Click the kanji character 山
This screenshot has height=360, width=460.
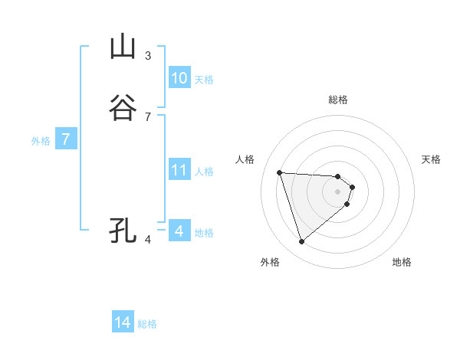(x=123, y=47)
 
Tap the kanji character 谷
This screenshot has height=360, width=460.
(x=123, y=109)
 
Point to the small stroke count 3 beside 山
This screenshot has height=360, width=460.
(x=148, y=55)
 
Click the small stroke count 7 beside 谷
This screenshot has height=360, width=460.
(x=148, y=117)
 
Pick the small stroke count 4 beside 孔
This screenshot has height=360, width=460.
(x=148, y=239)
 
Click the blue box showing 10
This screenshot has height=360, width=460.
(x=179, y=78)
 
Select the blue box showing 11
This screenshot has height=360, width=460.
(x=179, y=170)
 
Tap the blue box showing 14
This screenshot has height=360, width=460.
(x=123, y=323)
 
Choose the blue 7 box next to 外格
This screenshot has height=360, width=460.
(x=66, y=140)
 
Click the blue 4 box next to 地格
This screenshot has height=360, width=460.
(x=179, y=231)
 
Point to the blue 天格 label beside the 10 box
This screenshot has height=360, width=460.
(x=204, y=80)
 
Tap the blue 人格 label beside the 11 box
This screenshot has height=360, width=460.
(x=204, y=172)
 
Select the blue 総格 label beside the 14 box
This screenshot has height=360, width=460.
(x=147, y=324)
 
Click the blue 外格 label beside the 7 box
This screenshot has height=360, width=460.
(x=41, y=141)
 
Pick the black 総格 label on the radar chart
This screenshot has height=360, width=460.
(x=338, y=100)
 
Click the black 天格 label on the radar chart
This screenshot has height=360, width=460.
(x=431, y=159)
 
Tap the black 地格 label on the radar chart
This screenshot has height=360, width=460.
(x=402, y=262)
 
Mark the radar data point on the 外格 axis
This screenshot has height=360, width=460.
(x=301, y=242)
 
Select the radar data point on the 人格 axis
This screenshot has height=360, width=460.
(x=280, y=172)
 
